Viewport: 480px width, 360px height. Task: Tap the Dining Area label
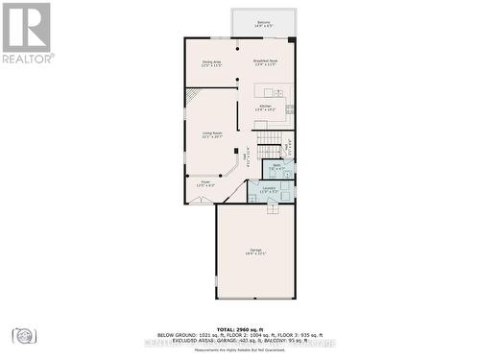click(211, 63)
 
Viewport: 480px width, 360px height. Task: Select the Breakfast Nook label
click(265, 63)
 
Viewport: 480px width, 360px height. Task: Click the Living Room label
click(211, 135)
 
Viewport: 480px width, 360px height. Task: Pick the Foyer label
click(205, 182)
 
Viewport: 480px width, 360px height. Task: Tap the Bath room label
click(276, 166)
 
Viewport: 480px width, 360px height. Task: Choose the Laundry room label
click(269, 190)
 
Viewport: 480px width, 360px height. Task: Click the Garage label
click(256, 252)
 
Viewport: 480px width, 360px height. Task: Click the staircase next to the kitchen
click(270, 144)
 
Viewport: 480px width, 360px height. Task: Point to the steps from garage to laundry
click(272, 207)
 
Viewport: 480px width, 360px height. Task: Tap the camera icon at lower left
click(24, 335)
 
